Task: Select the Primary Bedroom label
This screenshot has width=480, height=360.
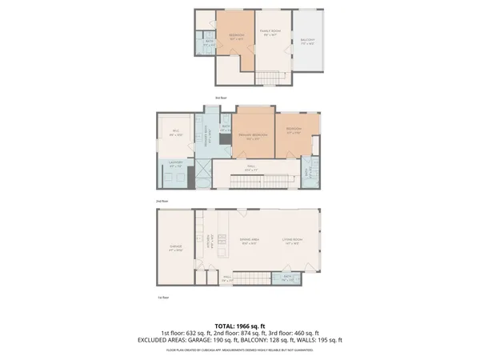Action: [252, 137]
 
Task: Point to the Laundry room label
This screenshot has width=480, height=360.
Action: [176, 166]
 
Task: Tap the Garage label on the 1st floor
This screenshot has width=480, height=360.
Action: [176, 247]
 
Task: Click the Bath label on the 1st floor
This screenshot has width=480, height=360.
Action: [288, 278]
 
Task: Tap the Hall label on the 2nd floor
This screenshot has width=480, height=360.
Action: [250, 168]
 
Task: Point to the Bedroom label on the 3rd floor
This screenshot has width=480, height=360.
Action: [237, 37]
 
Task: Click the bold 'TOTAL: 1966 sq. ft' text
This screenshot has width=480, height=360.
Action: [240, 326]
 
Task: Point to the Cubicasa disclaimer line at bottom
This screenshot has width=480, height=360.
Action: [240, 350]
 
